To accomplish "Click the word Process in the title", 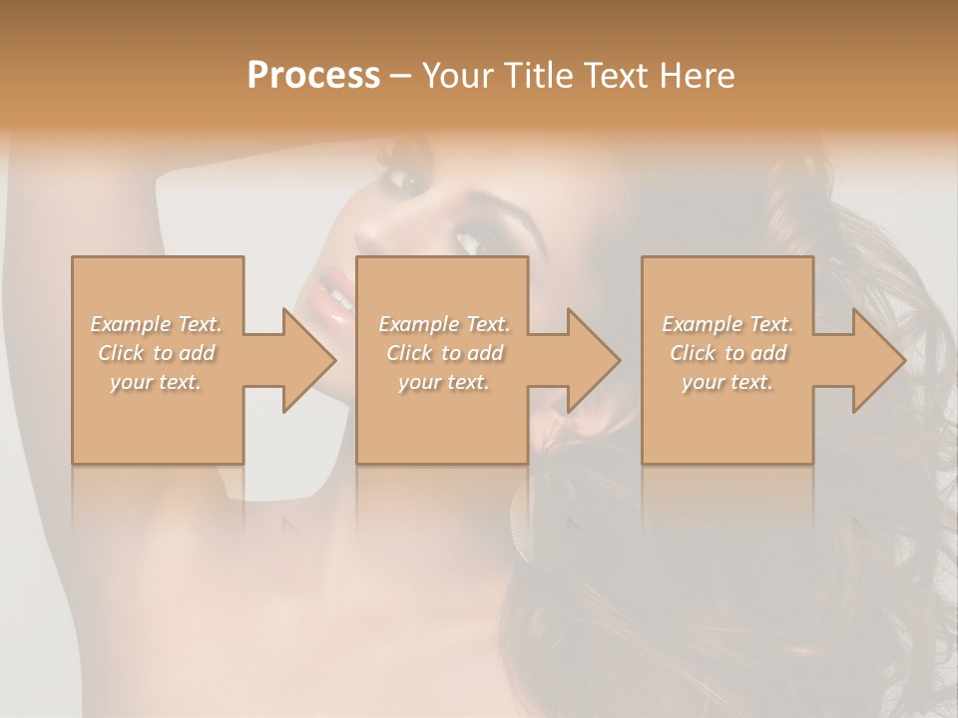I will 313,76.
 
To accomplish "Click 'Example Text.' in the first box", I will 156,324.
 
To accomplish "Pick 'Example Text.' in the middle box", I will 444,324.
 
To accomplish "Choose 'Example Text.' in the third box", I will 727,324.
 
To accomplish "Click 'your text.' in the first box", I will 156,382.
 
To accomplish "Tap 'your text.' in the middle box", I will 444,382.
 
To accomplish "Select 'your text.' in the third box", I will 727,382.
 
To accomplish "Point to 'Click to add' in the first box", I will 156,353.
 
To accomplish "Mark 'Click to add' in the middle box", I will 444,353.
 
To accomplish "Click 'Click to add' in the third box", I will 727,353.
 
